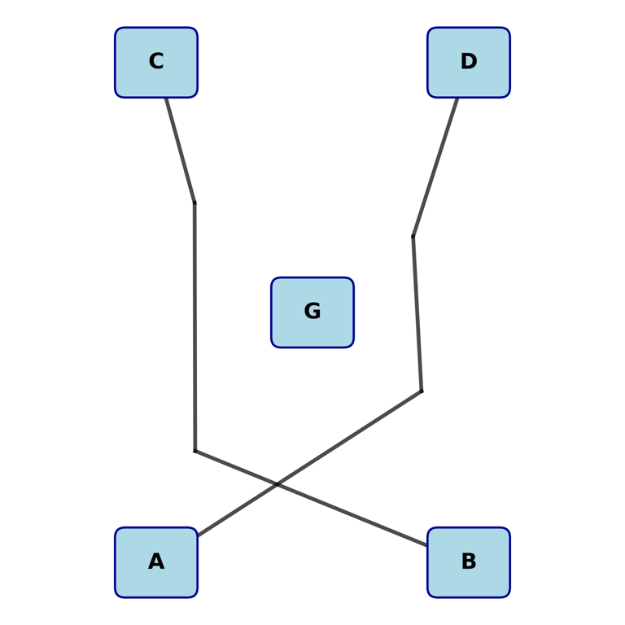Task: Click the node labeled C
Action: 156,62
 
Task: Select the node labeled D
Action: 469,62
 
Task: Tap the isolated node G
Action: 312,312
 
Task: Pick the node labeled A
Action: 156,562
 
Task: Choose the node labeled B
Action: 469,562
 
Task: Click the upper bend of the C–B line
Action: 194,203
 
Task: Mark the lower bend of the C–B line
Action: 194,451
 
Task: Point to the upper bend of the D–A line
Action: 413,237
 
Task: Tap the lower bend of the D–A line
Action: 422,391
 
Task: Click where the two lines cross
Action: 278,483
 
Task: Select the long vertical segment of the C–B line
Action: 194,326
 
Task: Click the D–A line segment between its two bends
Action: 417,314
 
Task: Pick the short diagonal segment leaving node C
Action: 181,151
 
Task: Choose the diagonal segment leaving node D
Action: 435,167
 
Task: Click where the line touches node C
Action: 166,98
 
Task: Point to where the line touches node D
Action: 457,98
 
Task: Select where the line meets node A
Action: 198,535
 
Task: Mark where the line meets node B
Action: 427,545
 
